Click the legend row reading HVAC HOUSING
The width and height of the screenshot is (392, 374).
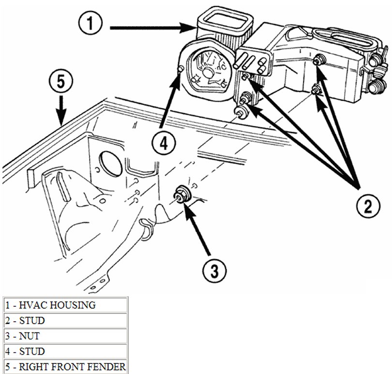point(64,305)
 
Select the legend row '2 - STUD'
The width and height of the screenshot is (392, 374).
point(64,320)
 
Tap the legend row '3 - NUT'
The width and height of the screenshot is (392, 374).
point(64,335)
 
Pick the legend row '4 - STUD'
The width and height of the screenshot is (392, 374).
point(64,351)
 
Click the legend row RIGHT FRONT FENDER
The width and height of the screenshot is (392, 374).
point(64,366)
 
